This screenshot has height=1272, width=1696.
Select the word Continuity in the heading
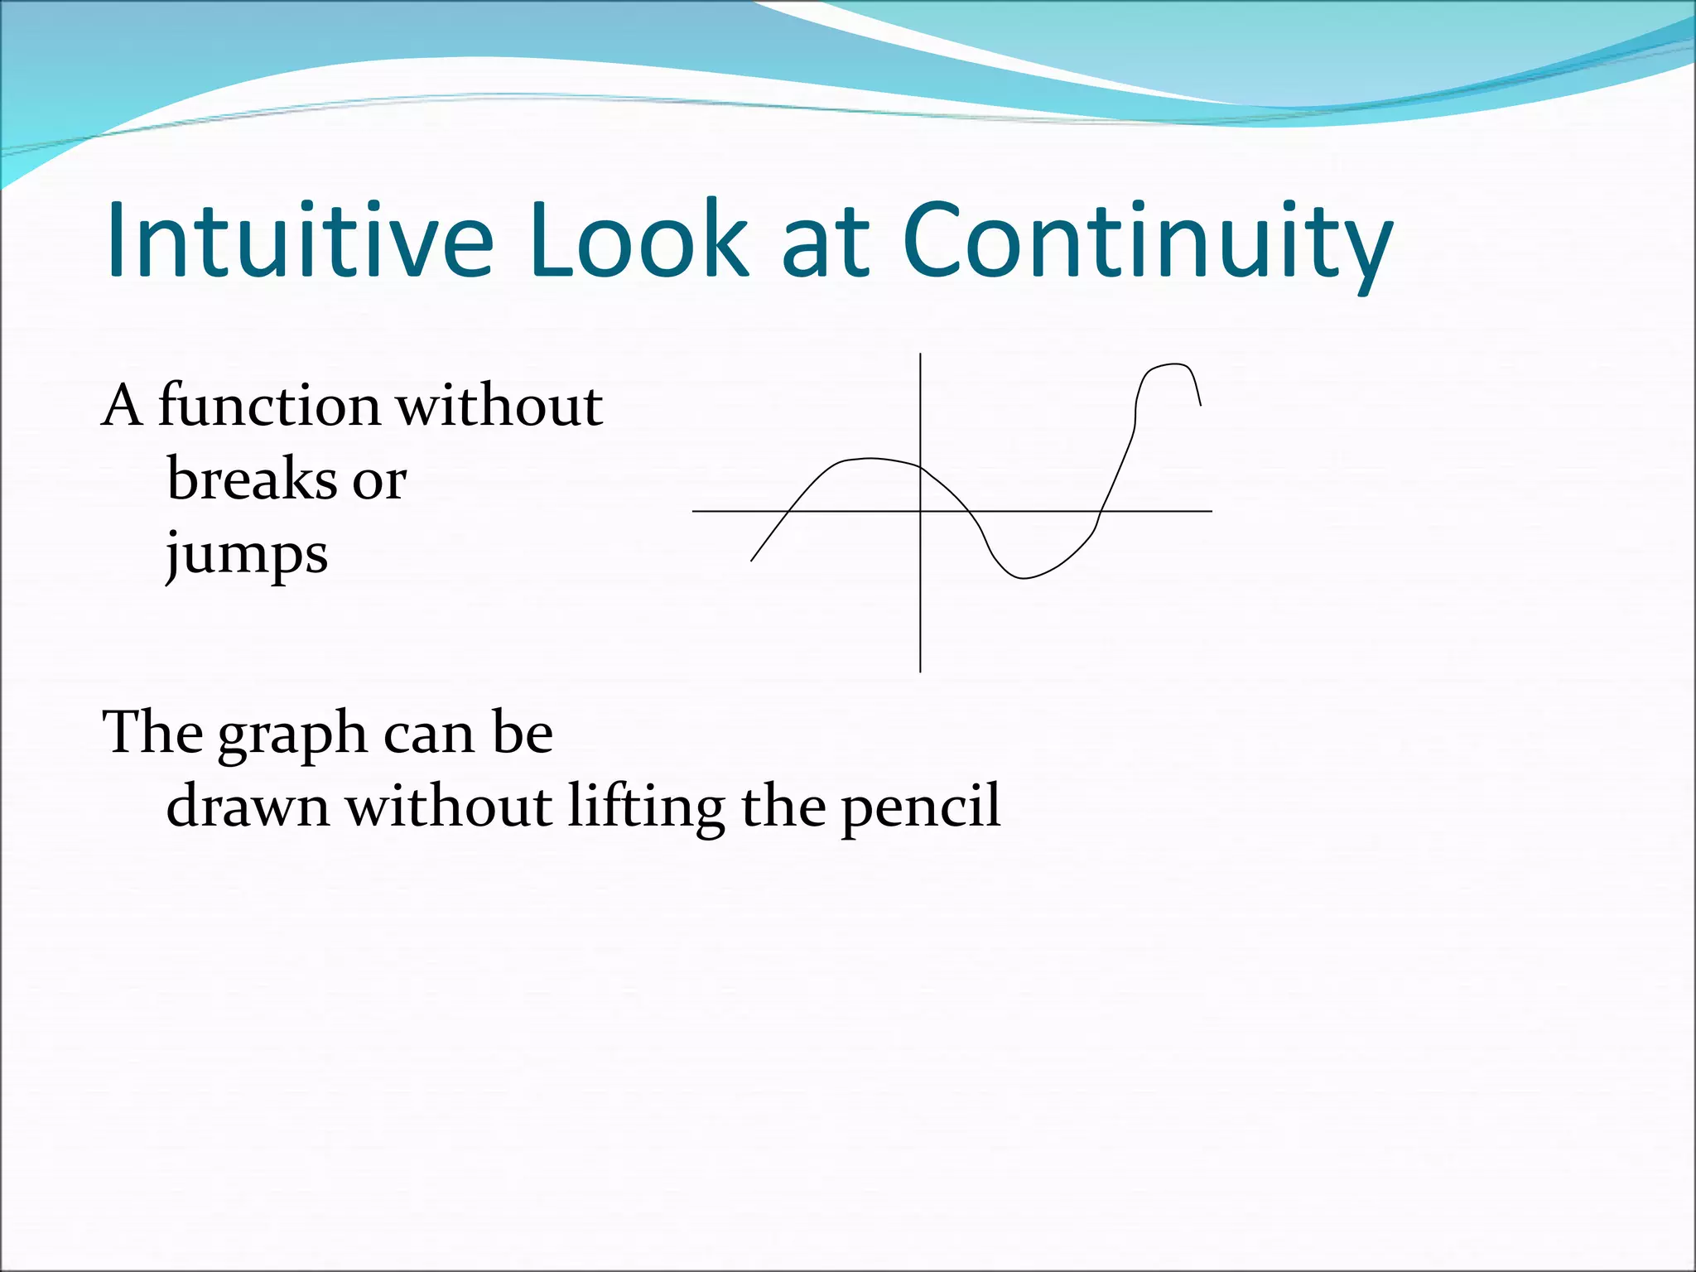tap(1148, 244)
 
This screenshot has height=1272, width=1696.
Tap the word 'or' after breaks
tap(379, 480)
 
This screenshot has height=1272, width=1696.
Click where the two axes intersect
tap(920, 511)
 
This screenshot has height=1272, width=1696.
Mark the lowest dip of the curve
tap(1024, 578)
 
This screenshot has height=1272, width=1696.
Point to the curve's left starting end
tap(751, 561)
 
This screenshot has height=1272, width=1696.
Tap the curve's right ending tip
tap(1201, 405)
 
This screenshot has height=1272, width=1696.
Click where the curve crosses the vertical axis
tap(920, 467)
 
